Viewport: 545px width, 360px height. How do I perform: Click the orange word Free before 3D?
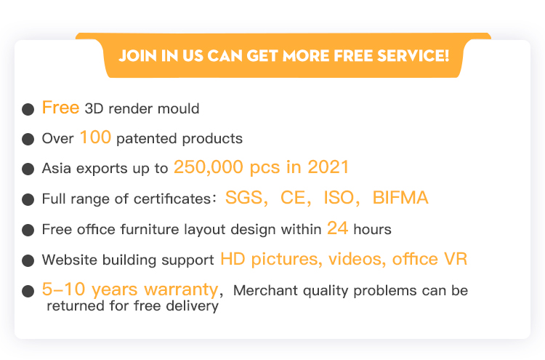(x=60, y=107)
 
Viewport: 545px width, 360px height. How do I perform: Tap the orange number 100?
(x=96, y=137)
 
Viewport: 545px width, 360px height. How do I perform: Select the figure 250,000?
(x=209, y=167)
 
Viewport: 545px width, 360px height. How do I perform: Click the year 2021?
(x=328, y=167)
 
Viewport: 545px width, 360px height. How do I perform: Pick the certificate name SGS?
(x=244, y=198)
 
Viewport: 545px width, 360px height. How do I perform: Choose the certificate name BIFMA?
(x=400, y=198)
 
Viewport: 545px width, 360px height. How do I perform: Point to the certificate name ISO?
(x=339, y=198)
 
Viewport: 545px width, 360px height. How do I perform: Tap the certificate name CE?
(x=293, y=198)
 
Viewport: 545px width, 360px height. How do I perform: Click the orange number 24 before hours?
(x=337, y=228)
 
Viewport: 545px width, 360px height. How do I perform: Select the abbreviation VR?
(x=456, y=259)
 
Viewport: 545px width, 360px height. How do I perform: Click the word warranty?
(x=181, y=289)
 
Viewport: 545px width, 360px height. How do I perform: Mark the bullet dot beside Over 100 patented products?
(x=28, y=139)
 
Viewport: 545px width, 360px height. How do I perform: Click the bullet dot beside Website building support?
(x=28, y=260)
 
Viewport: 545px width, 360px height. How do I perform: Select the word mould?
(x=178, y=108)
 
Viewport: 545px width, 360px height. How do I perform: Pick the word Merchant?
(x=265, y=290)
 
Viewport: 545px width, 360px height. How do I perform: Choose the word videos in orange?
(x=357, y=259)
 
